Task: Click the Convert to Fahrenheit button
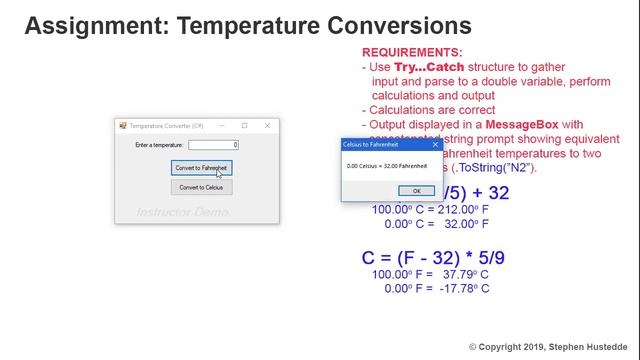click(x=201, y=168)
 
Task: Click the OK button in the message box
click(x=416, y=190)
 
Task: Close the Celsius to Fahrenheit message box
click(x=435, y=145)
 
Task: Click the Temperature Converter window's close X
click(x=267, y=126)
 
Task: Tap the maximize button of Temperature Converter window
click(x=244, y=126)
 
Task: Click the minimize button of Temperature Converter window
click(x=221, y=126)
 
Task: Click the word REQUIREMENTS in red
click(x=412, y=52)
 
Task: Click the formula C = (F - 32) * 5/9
click(x=433, y=258)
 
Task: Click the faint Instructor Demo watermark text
click(x=182, y=212)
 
